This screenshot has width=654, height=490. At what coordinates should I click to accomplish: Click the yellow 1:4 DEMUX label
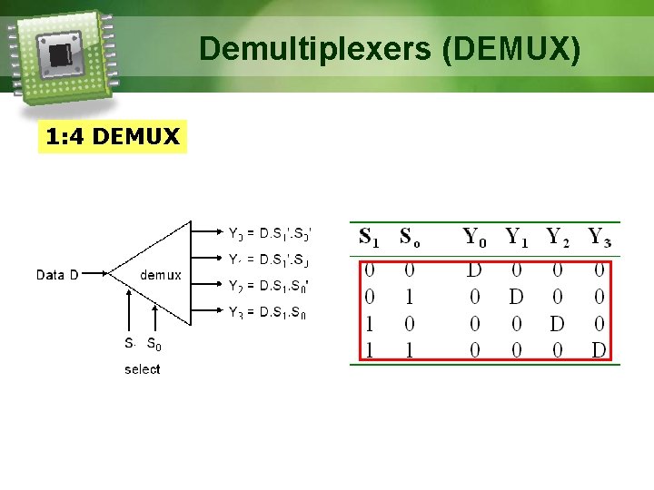pos(113,137)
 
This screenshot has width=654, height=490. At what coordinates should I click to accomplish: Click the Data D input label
pos(63,274)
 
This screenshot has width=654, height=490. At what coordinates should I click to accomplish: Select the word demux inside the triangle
pos(161,274)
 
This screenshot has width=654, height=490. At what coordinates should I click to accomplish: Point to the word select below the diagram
pos(142,369)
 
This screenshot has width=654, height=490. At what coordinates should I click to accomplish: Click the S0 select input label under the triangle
pos(155,345)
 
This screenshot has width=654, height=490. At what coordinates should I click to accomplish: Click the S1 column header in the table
pos(370,238)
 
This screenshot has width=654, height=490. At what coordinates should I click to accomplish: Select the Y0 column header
pos(475,238)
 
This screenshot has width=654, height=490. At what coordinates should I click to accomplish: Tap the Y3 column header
pos(599,238)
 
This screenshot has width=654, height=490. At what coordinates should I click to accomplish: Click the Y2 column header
pos(558,238)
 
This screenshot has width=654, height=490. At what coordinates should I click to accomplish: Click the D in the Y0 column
pos(474,270)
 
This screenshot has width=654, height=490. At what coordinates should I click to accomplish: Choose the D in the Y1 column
pos(516,297)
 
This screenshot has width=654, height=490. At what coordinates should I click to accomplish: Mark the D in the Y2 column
pos(557,324)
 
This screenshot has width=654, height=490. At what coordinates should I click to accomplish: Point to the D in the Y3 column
pos(599,350)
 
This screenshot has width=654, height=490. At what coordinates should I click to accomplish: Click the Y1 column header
pos(516,238)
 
